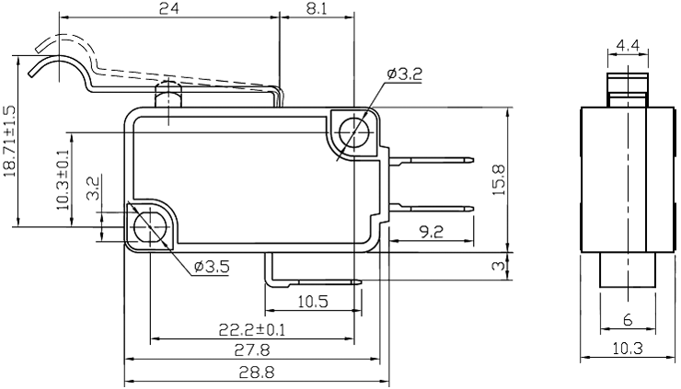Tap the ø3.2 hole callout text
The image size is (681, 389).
(x=404, y=74)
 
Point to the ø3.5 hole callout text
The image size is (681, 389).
(x=212, y=267)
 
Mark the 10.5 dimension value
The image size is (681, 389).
(x=314, y=302)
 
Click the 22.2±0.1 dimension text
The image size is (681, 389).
(x=251, y=328)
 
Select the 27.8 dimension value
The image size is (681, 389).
(x=251, y=350)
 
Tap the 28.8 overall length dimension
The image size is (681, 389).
(x=251, y=372)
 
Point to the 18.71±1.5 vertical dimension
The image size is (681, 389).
(x=9, y=140)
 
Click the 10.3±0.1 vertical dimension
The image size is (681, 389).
(x=63, y=179)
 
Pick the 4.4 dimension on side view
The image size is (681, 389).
(x=629, y=45)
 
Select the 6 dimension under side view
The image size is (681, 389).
(x=628, y=320)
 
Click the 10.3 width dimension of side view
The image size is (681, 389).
(x=628, y=349)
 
